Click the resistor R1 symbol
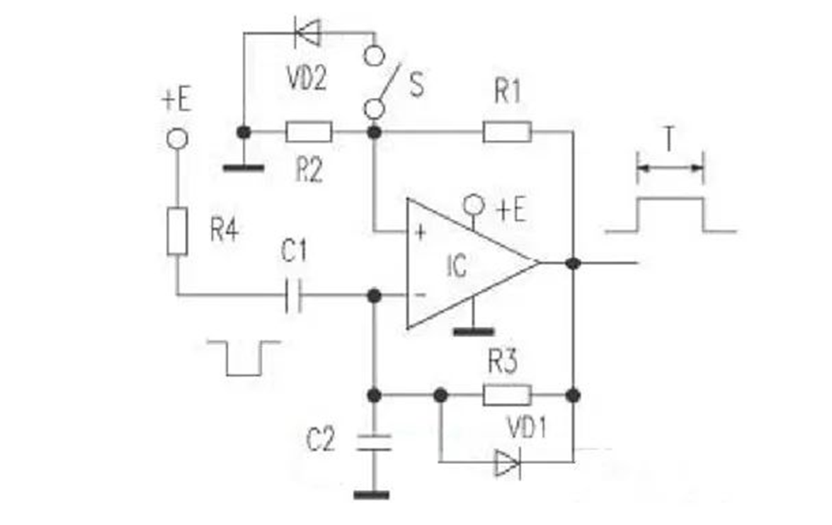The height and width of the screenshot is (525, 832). tap(507, 132)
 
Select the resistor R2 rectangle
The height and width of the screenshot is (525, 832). tap(309, 132)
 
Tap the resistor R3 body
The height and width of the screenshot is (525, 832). tap(507, 395)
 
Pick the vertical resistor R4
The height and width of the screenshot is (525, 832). tap(177, 231)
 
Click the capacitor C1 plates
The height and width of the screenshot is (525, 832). tap(293, 295)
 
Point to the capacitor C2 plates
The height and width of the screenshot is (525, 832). tap(374, 442)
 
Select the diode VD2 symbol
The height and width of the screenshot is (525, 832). tap(308, 33)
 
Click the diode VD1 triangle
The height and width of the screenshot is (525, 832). tap(508, 463)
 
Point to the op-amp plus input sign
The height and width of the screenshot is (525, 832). tap(420, 232)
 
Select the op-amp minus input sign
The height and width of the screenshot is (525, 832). tap(419, 295)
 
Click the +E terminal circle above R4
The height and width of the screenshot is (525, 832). tap(177, 139)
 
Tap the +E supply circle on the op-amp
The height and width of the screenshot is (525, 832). tap(474, 204)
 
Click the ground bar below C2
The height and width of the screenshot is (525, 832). tap(372, 495)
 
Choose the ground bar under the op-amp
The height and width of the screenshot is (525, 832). tap(474, 332)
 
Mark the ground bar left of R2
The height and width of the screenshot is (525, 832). tap(243, 168)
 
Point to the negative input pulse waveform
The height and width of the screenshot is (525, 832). tap(243, 358)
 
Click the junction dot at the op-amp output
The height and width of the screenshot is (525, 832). tap(573, 262)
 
